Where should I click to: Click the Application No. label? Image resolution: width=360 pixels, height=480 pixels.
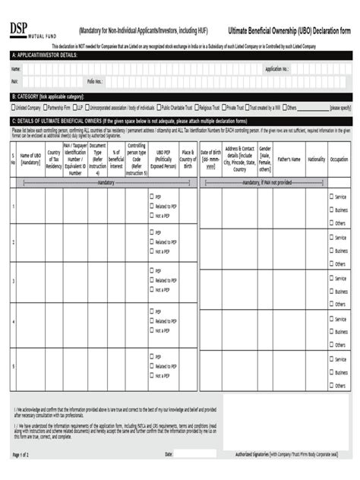276,69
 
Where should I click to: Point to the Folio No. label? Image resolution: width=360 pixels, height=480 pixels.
95,81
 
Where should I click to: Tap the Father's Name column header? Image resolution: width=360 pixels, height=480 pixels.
289,159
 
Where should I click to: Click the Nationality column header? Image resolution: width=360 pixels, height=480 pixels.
317,159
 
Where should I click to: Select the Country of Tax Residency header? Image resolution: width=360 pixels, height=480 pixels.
53,159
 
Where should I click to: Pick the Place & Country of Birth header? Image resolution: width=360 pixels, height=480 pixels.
188,159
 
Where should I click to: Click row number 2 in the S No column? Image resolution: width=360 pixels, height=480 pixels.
13,242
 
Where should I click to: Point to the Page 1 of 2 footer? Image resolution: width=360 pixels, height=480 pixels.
21,454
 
